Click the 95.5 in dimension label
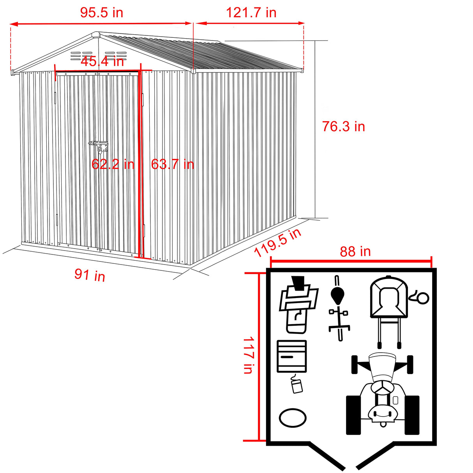pos(101,12)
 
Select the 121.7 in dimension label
pos(251,12)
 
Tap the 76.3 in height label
pos(343,126)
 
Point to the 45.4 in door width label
pos(102,61)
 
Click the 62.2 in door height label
pos(113,164)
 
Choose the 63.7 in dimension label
pos(172,164)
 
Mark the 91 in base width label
pos(90,275)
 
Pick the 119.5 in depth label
pos(277,243)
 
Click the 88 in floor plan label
pos(355,251)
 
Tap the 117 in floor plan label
pos(248,355)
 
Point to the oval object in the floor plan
pos(293,418)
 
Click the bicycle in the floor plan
pos(338,308)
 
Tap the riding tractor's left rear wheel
pos(353,415)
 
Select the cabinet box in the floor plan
pos(291,356)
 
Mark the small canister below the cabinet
pos(297,386)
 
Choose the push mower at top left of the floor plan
pos(298,304)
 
